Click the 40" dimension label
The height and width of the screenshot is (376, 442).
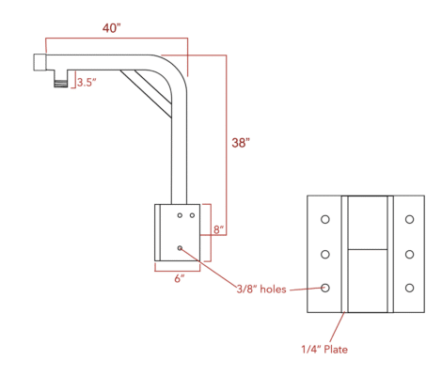[x=112, y=28]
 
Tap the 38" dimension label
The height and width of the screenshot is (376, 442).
[x=241, y=143]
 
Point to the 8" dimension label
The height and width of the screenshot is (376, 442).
[x=217, y=228]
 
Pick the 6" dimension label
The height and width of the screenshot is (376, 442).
[x=179, y=277]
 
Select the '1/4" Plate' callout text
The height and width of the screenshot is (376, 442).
[x=325, y=349]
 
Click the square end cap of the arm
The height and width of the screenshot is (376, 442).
[x=40, y=62]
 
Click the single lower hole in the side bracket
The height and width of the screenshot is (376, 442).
[x=180, y=248]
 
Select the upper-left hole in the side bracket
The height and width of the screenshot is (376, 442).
[x=178, y=215]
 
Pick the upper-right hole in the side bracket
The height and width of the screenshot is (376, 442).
[x=192, y=215]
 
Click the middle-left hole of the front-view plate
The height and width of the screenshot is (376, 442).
[x=324, y=254]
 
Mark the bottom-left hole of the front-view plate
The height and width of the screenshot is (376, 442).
[x=324, y=288]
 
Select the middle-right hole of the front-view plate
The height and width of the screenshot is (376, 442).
[x=409, y=254]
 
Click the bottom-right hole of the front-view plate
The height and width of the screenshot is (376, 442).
[x=409, y=288]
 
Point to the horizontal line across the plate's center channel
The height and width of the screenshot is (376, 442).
[x=367, y=250]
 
